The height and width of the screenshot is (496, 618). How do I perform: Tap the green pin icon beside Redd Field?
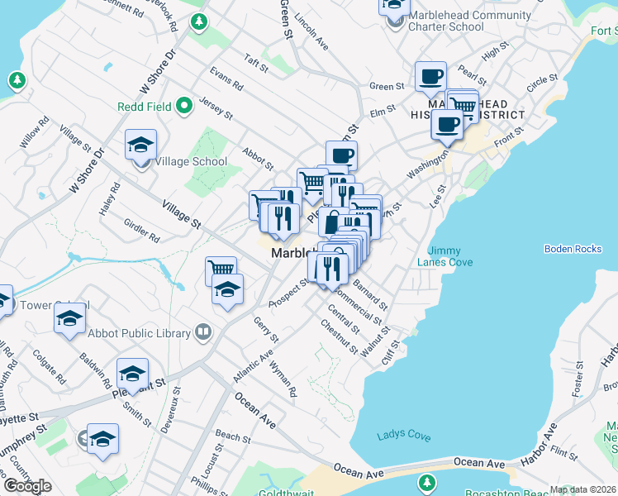click(x=184, y=105)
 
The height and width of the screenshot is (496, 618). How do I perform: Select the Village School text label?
click(x=193, y=161)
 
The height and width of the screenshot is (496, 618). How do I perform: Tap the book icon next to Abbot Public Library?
click(x=203, y=332)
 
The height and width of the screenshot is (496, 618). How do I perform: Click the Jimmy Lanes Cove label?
click(x=450, y=255)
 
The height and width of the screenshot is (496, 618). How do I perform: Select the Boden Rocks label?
click(x=573, y=249)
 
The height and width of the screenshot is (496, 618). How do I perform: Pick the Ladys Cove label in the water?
click(x=404, y=436)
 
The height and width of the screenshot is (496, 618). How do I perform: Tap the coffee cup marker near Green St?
click(x=430, y=77)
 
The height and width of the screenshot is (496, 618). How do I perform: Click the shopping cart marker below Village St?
click(x=221, y=269)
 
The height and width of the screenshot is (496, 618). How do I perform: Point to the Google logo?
click(x=27, y=486)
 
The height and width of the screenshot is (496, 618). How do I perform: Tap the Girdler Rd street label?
click(x=141, y=231)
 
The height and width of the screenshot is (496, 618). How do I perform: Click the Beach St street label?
click(x=232, y=436)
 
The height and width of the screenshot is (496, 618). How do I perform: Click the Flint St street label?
click(x=565, y=452)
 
